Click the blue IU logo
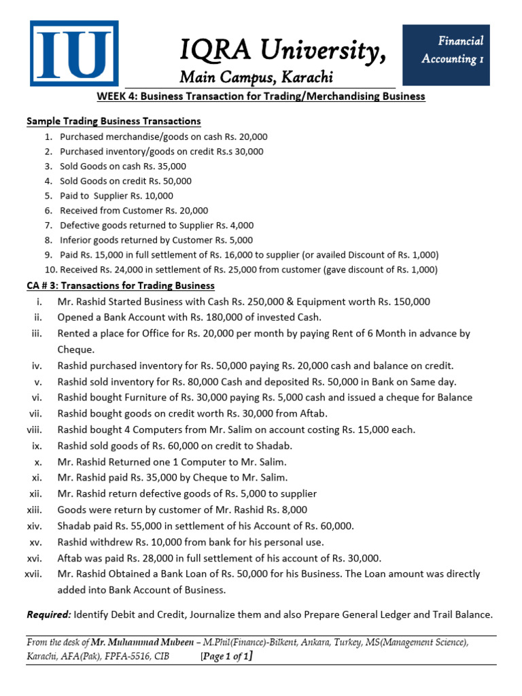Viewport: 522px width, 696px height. [73, 54]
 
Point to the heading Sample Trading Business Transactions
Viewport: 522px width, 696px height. [114, 122]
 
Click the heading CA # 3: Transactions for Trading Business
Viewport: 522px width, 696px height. [120, 285]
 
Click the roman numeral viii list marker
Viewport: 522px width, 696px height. [35, 430]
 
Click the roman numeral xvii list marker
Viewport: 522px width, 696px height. [33, 574]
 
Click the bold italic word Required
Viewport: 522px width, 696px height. [48, 614]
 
